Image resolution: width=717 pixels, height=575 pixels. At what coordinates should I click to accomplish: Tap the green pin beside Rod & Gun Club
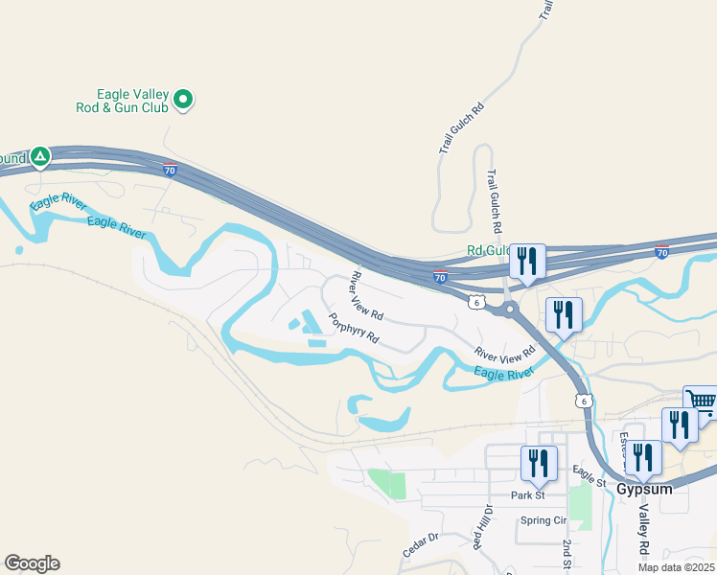[184, 99]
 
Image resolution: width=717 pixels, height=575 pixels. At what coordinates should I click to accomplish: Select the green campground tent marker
[39, 155]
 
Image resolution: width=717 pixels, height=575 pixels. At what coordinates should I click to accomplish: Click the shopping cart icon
[702, 402]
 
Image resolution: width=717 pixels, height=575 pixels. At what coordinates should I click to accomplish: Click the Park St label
[527, 495]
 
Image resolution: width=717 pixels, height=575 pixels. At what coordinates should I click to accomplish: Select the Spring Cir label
[543, 521]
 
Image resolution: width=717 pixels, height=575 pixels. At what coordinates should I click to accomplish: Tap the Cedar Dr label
[420, 546]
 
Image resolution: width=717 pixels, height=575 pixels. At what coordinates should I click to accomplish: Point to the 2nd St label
[568, 555]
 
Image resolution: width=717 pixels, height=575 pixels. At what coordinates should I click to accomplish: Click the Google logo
[32, 563]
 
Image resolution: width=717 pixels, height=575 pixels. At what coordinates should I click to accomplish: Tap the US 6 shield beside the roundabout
[476, 302]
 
